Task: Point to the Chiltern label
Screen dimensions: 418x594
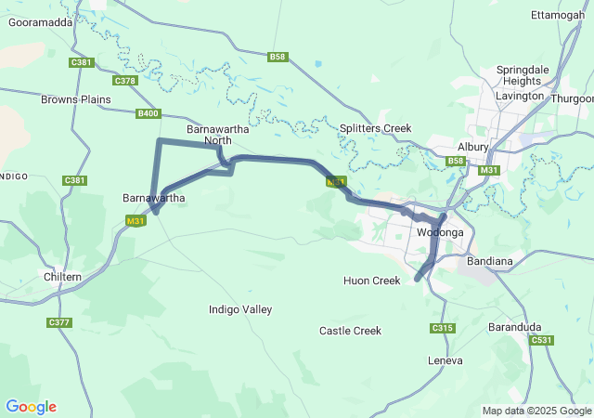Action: (x=63, y=277)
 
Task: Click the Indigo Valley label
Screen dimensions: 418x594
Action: (x=240, y=308)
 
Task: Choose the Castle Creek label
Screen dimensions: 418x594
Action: (x=350, y=331)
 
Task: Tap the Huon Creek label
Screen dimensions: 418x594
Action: (x=371, y=281)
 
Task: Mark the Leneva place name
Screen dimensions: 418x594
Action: (x=445, y=359)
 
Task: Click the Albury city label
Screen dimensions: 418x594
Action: (x=473, y=147)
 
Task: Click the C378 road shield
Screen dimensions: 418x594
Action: (x=125, y=81)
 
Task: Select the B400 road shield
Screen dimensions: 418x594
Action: (x=148, y=113)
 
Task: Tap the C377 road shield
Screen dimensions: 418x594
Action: (x=58, y=322)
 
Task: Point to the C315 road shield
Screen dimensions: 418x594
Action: (x=443, y=328)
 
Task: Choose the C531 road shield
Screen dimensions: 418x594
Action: (x=542, y=341)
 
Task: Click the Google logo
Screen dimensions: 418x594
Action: (x=31, y=407)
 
